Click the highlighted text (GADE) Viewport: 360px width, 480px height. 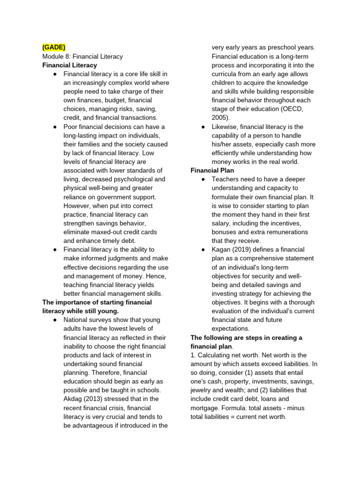pyautogui.click(x=54, y=47)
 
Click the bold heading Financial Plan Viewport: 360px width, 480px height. pyautogui.click(x=212, y=171)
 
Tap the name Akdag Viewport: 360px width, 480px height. pyautogui.click(x=73, y=399)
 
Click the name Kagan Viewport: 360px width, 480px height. pyautogui.click(x=222, y=249)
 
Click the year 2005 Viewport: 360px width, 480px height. pyautogui.click(x=220, y=118)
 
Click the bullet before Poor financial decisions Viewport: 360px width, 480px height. pyautogui.click(x=55, y=127)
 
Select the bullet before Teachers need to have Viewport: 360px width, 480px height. pyautogui.click(x=203, y=180)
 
